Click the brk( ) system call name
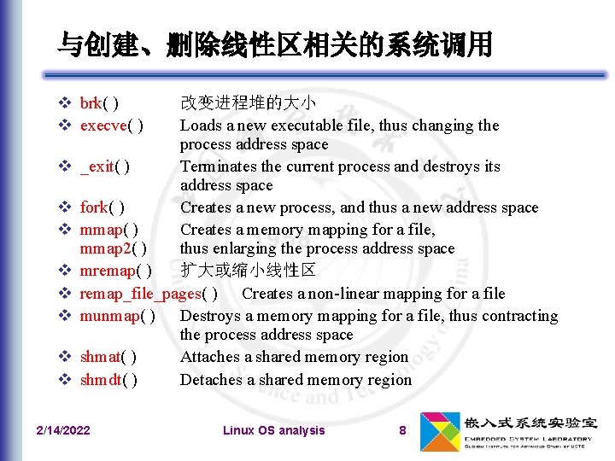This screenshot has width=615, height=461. click(x=99, y=103)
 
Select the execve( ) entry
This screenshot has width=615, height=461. click(x=111, y=125)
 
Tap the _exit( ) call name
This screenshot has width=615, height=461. click(x=105, y=166)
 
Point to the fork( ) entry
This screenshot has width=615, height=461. click(x=102, y=207)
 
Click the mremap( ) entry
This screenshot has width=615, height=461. click(x=115, y=271)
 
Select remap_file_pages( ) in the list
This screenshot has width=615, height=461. click(x=148, y=294)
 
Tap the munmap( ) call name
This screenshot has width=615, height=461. click(x=117, y=316)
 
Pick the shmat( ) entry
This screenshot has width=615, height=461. click(x=108, y=357)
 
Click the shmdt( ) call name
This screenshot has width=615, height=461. click(x=108, y=380)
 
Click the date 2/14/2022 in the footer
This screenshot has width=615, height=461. click(x=62, y=430)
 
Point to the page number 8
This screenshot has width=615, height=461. click(x=402, y=430)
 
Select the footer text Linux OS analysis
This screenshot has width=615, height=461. click(x=273, y=430)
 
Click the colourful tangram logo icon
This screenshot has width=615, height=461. click(x=438, y=430)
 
